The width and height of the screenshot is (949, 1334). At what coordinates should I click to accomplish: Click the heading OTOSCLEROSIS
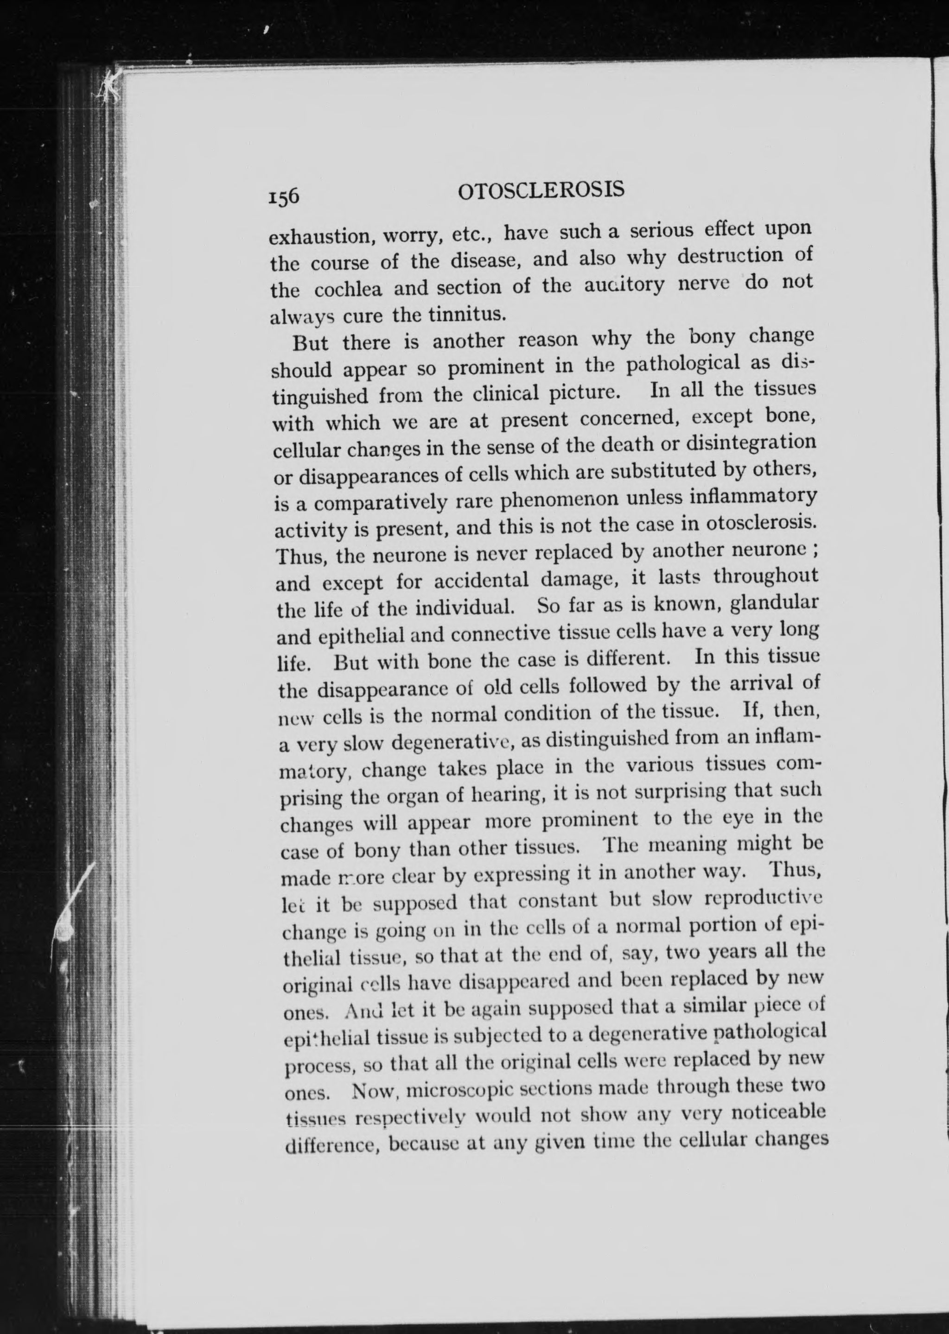(x=541, y=190)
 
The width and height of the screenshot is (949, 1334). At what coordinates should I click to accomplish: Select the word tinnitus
(x=466, y=314)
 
